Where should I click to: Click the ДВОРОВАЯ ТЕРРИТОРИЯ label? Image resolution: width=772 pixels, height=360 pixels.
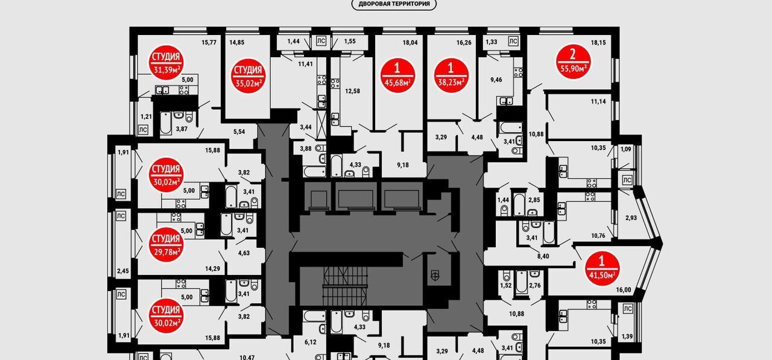click(x=394, y=4)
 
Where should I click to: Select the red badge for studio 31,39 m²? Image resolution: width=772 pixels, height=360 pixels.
click(x=166, y=63)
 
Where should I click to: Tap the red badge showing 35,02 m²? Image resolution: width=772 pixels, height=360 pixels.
click(x=248, y=76)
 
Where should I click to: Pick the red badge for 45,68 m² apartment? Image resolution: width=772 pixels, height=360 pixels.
click(x=397, y=76)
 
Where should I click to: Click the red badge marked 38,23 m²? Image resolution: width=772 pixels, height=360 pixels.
click(x=451, y=76)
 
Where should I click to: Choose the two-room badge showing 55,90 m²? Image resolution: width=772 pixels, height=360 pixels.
click(x=573, y=62)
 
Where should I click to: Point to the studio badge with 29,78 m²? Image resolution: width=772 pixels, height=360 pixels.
click(x=166, y=245)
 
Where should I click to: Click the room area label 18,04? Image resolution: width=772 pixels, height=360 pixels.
click(x=410, y=43)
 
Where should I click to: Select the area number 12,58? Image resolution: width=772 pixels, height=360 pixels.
click(x=352, y=91)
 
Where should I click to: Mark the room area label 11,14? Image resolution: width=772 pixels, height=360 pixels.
click(x=598, y=102)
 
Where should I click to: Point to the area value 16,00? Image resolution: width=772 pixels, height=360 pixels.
click(x=624, y=290)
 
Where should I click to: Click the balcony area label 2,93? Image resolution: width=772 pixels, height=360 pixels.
click(x=631, y=218)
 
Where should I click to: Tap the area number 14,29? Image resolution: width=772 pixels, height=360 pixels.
click(x=212, y=269)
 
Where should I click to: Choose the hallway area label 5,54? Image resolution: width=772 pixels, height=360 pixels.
click(x=239, y=132)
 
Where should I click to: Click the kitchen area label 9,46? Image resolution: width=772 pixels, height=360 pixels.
click(x=496, y=80)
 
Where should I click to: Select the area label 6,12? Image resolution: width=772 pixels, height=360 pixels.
click(x=310, y=343)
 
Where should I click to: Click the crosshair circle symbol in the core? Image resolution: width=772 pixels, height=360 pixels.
click(x=435, y=274)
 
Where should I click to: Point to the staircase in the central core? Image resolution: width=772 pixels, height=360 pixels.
click(x=345, y=285)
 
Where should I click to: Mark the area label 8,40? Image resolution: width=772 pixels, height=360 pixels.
click(x=543, y=256)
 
